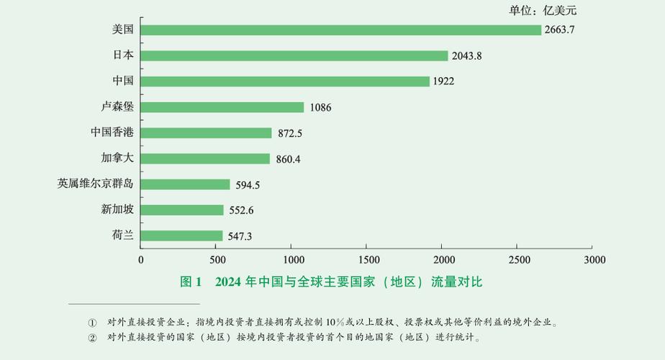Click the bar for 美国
[341, 30]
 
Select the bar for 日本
[294, 55]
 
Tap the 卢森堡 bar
[222, 107]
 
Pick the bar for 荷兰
[182, 235]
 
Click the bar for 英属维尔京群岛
[186, 184]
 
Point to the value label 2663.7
[560, 30]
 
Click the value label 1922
[443, 81]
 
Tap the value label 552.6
[241, 210]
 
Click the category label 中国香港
[112, 132]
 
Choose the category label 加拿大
[117, 158]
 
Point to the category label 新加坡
[117, 210]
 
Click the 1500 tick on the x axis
[367, 259]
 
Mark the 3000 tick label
[594, 259]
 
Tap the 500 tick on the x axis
[217, 259]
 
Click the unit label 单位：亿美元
[543, 10]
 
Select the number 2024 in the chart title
[227, 282]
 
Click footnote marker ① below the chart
[92, 323]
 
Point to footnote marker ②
[92, 337]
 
